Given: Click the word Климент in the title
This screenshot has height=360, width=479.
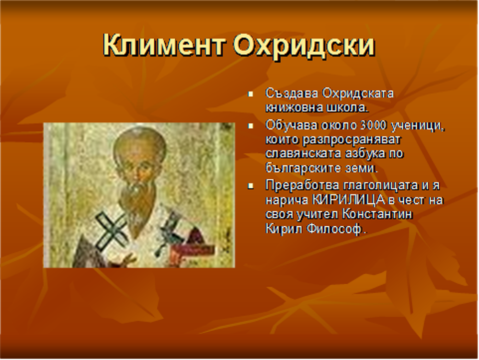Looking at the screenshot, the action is point(164,45).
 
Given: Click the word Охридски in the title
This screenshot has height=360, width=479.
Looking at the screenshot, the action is point(304,46).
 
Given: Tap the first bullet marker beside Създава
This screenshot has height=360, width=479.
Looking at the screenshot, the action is point(251,94).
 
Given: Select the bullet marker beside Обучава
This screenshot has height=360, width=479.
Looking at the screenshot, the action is point(251,126).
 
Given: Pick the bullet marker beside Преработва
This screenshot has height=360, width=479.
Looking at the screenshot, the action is point(251,186).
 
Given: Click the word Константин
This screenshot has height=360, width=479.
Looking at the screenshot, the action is point(377,214).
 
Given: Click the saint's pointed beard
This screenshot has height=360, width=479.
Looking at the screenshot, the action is point(139,208).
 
